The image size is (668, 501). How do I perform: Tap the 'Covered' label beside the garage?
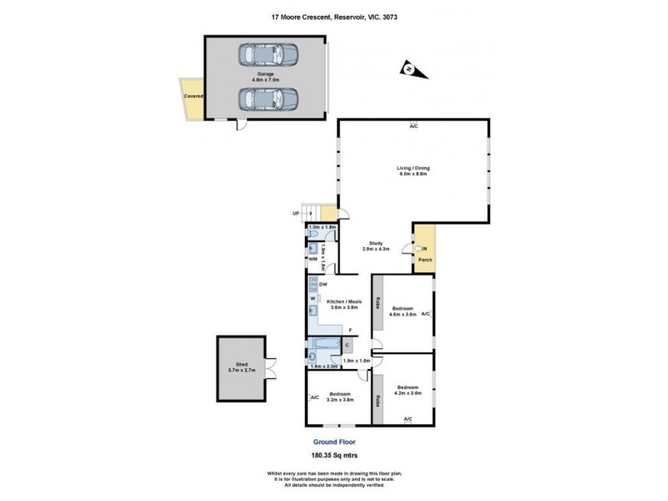point(193,96)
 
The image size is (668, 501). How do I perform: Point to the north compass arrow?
point(413,70)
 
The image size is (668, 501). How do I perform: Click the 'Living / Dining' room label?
point(412,171)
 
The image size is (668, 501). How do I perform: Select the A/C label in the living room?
point(412,126)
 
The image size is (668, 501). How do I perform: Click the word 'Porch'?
point(425,260)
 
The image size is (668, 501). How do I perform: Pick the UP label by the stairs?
point(296,214)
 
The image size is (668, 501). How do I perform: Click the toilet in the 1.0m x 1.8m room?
point(314,234)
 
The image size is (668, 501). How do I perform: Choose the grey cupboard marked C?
point(346,343)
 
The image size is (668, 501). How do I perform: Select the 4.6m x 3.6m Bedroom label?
point(402,311)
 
